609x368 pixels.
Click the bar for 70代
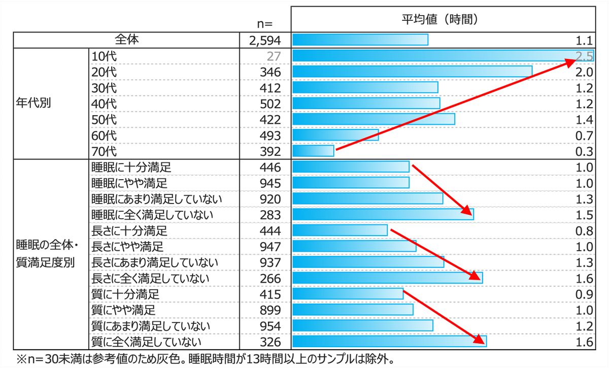[313, 151]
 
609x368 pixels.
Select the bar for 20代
[412, 72]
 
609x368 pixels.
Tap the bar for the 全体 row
[360, 40]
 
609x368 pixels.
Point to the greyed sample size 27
[273, 56]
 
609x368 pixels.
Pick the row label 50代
[104, 119]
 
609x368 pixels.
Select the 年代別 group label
[33, 104]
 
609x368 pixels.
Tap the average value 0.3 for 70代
[585, 151]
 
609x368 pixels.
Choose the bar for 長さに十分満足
[340, 231]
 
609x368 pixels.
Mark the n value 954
[269, 325]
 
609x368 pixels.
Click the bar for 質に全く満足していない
[389, 342]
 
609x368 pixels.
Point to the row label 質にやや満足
[123, 310]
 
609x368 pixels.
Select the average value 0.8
[585, 231]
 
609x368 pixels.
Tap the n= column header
[265, 23]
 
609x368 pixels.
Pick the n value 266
[269, 278]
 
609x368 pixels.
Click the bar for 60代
[335, 135]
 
